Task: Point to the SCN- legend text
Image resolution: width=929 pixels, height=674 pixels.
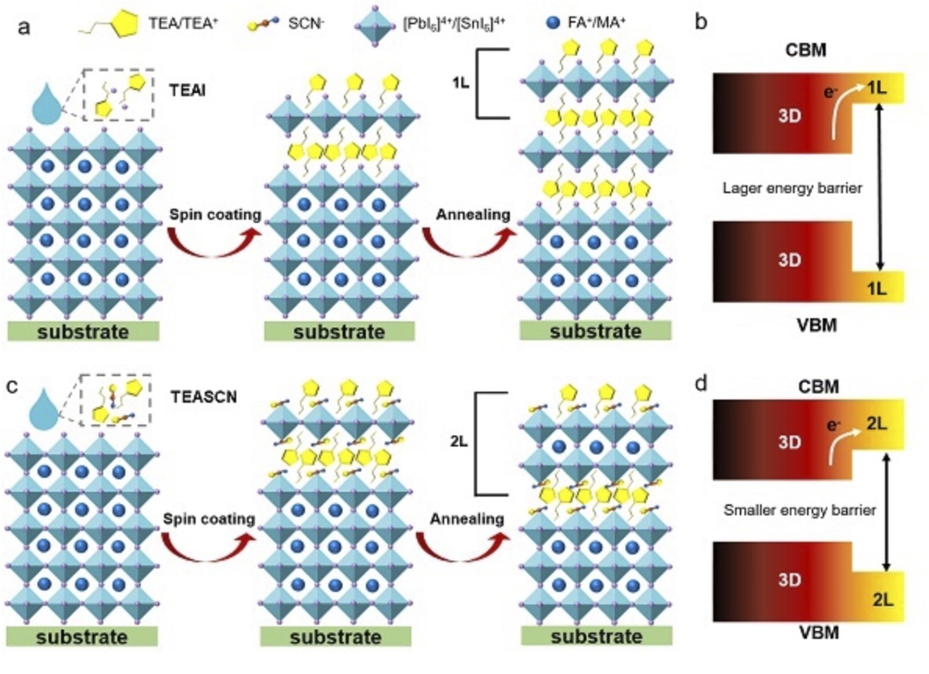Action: click(x=305, y=25)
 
